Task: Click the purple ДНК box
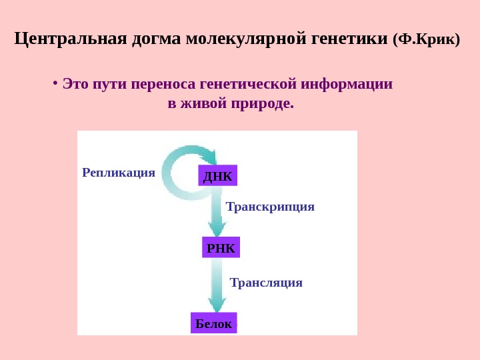(218, 176)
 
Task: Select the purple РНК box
(221, 248)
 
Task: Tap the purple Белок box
(213, 323)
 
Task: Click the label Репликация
(118, 173)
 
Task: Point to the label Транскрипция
(270, 207)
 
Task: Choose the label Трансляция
(266, 283)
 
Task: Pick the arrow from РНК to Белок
(217, 285)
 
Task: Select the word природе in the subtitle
(263, 105)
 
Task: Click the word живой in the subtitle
(202, 105)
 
